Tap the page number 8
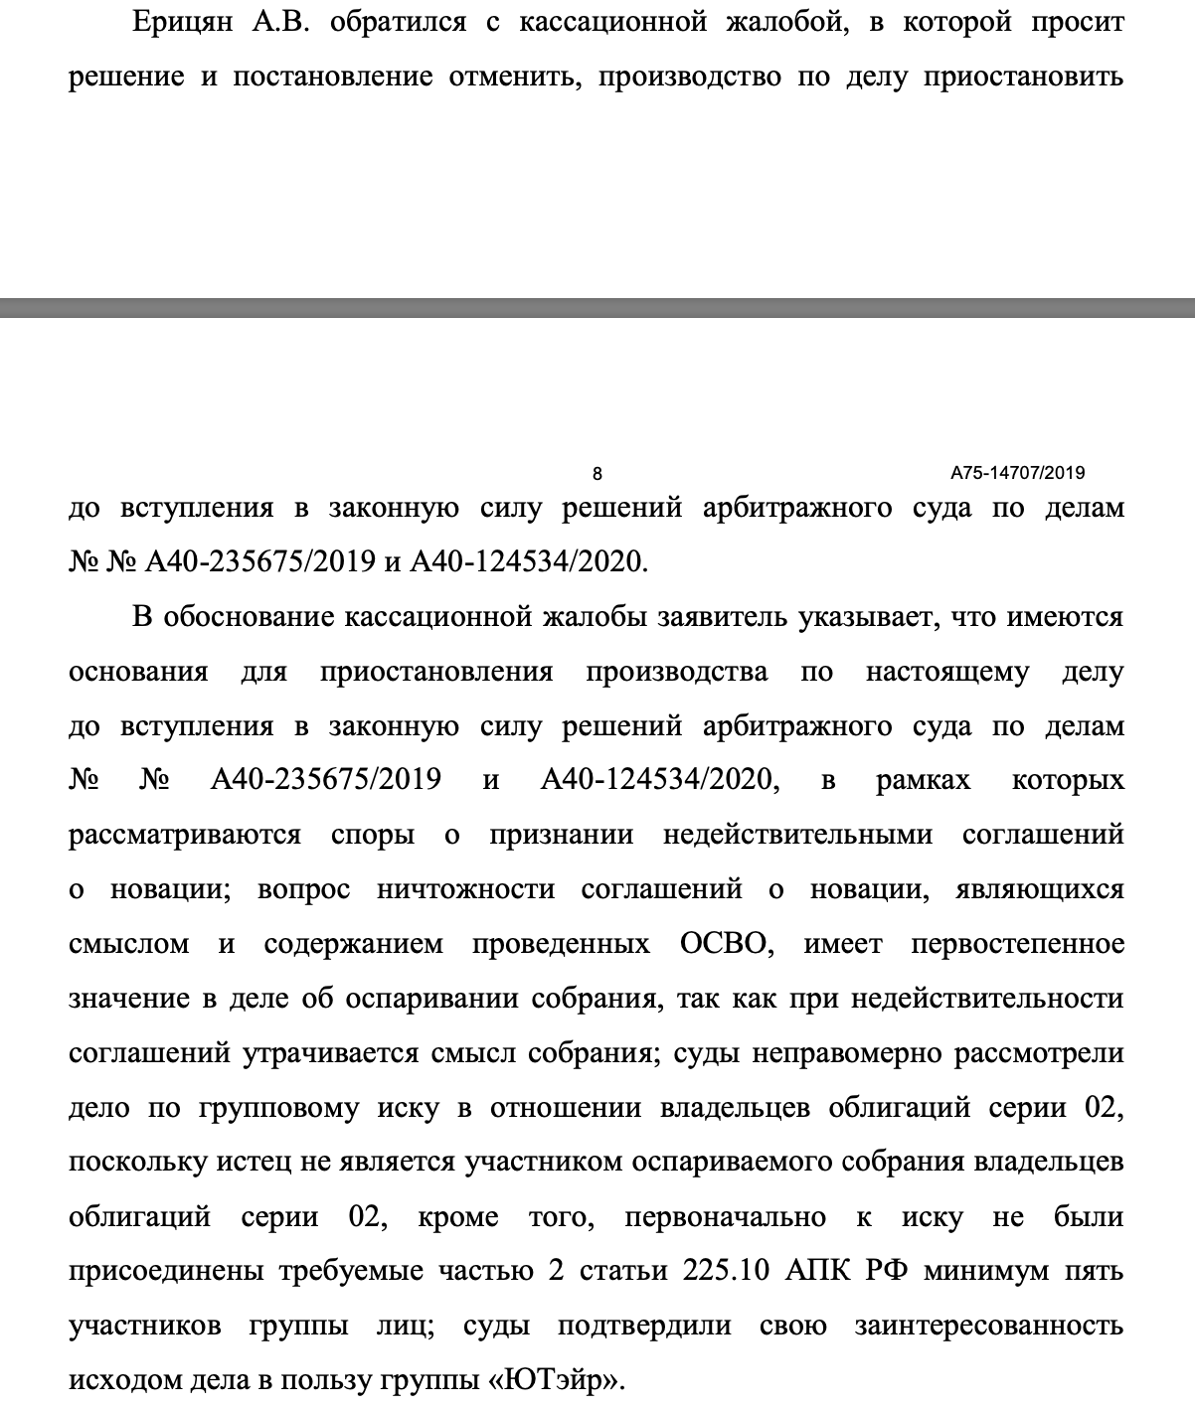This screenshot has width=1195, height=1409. point(597,474)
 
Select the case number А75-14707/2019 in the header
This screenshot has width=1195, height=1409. point(1017,473)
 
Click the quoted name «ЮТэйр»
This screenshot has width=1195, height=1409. point(567,1380)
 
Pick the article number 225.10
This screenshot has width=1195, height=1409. point(726,1271)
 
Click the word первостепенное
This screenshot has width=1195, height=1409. point(1017,943)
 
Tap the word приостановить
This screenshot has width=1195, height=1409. point(1024,78)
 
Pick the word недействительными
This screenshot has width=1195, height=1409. point(797,834)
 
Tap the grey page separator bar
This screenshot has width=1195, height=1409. point(597,307)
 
